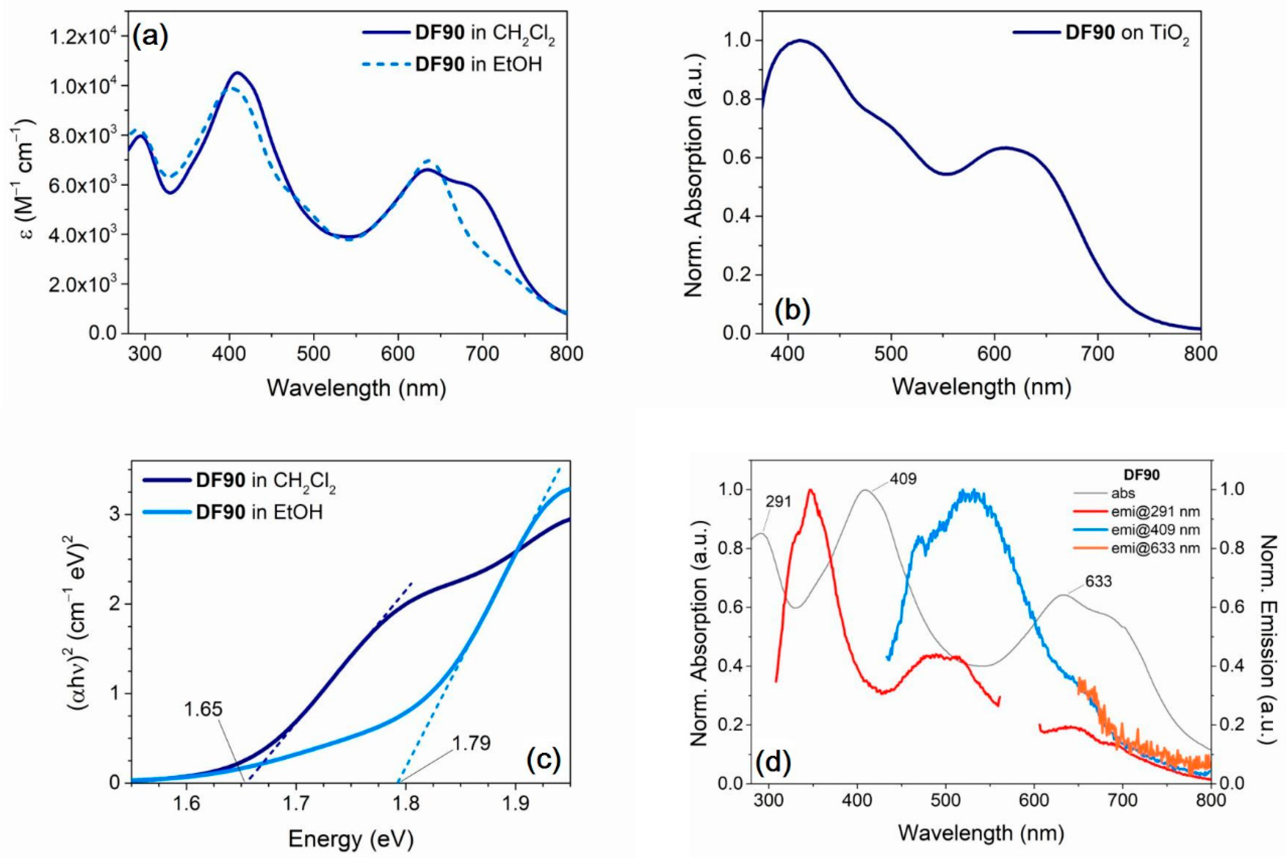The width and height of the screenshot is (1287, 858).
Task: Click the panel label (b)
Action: click(x=792, y=310)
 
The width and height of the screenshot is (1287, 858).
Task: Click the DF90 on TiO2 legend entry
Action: click(x=1127, y=33)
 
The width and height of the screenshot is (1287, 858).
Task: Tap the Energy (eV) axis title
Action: click(x=350, y=839)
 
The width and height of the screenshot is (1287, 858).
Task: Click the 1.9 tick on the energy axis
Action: click(x=515, y=804)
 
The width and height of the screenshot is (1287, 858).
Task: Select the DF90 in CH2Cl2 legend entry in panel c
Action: click(x=265, y=482)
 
